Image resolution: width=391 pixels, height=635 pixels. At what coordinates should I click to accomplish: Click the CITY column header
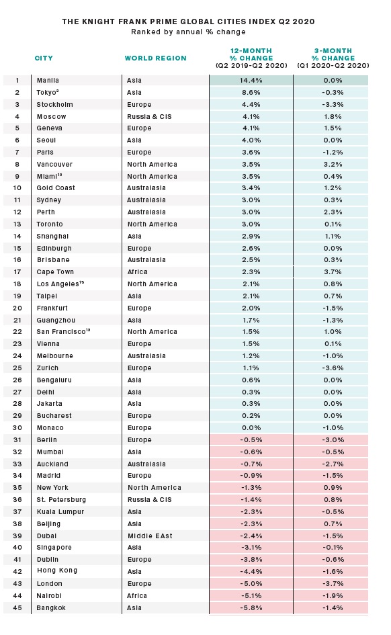pos(44,58)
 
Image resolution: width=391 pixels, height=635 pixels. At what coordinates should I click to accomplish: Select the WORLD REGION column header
pos(155,58)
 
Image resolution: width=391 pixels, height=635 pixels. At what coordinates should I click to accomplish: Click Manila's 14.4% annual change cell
pos(251,80)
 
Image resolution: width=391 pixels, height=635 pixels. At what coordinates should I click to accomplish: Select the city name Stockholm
pos(54,104)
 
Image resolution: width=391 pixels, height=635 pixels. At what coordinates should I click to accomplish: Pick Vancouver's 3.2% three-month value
pos(333,165)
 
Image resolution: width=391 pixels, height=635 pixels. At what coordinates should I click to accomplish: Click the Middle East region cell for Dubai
pos(150,536)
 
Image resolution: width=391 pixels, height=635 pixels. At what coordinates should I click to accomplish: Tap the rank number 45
pos(17,608)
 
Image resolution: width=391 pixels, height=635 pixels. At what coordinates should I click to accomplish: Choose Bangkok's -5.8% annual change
pos(251,608)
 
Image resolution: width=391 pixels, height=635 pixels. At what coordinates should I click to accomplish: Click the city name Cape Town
pos(55,272)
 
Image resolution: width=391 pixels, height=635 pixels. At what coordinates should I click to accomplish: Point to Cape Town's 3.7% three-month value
pos(333,272)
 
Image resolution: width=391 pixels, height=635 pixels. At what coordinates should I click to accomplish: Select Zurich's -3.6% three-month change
pos(333,368)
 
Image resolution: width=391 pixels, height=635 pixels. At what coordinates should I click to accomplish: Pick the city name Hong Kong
pos(56,570)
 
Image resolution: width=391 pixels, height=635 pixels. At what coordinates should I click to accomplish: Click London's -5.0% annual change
pos(251,583)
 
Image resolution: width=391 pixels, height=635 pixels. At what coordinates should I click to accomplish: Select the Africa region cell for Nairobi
pos(137,596)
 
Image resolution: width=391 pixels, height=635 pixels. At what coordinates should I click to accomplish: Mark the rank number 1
pos(17,81)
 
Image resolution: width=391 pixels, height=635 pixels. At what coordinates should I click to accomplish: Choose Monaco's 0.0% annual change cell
pos(251,427)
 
